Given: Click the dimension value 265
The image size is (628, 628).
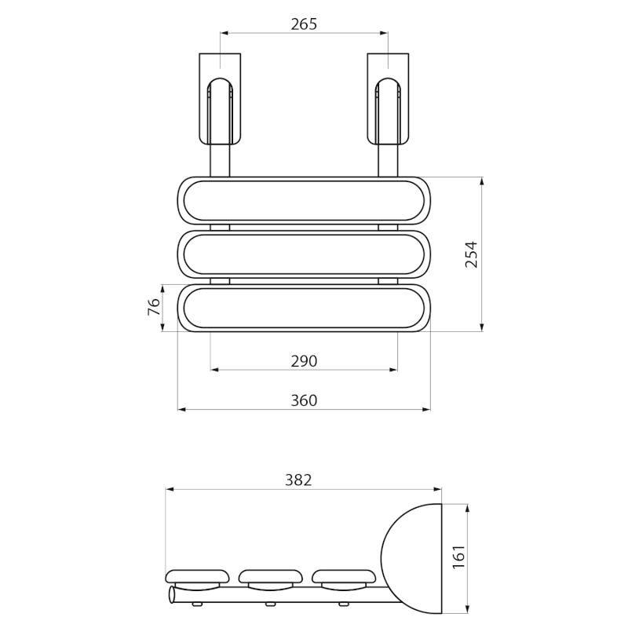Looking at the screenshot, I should click(303, 24).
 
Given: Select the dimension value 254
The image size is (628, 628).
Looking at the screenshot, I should click(471, 254).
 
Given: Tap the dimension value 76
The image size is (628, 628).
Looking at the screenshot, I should click(155, 307).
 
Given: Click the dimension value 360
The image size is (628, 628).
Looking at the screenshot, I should click(304, 400).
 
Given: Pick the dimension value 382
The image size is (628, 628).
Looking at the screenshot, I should click(299, 480).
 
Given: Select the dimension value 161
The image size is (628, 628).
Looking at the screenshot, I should click(459, 557).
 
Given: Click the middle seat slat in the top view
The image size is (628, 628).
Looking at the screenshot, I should click(304, 254).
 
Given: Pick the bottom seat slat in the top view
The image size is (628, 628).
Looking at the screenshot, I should click(304, 308).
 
